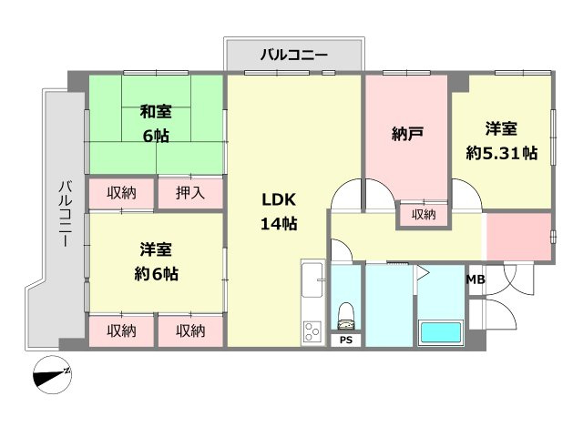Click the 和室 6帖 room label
point(155,124)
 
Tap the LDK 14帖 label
point(280,212)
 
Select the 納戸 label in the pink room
point(406,135)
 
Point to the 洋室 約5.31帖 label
point(501,142)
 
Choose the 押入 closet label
point(190,193)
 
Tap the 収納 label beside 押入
point(121,193)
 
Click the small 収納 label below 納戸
point(423,216)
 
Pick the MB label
point(476,279)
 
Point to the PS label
point(345,340)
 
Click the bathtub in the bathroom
point(441,332)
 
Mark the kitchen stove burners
point(312,331)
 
